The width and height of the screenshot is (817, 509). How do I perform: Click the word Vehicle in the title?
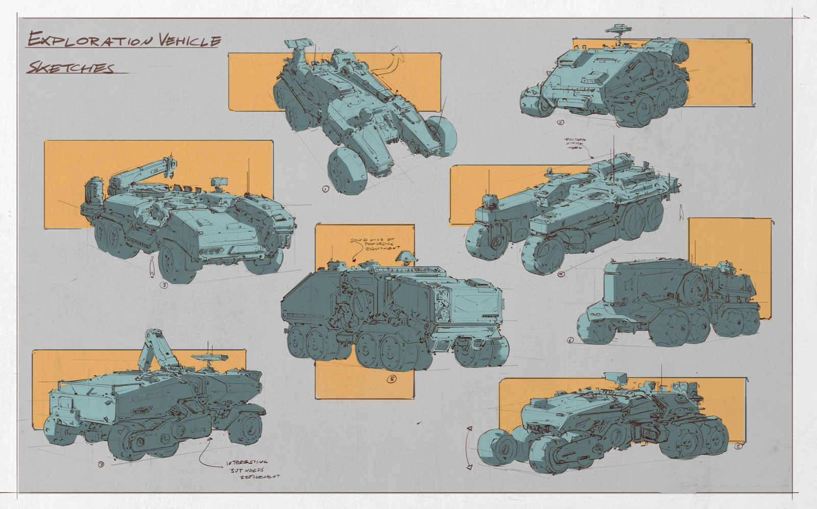[x=189, y=40]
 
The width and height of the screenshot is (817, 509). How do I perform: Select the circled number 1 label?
[x=325, y=189]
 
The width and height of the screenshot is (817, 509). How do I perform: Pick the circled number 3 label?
[x=164, y=285]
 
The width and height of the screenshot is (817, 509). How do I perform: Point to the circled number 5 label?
[x=392, y=379]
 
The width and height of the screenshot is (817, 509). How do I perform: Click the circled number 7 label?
[x=101, y=464]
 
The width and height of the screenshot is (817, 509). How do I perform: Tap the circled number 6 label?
[x=570, y=340]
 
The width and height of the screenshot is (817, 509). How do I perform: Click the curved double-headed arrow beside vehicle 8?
[x=468, y=447]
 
